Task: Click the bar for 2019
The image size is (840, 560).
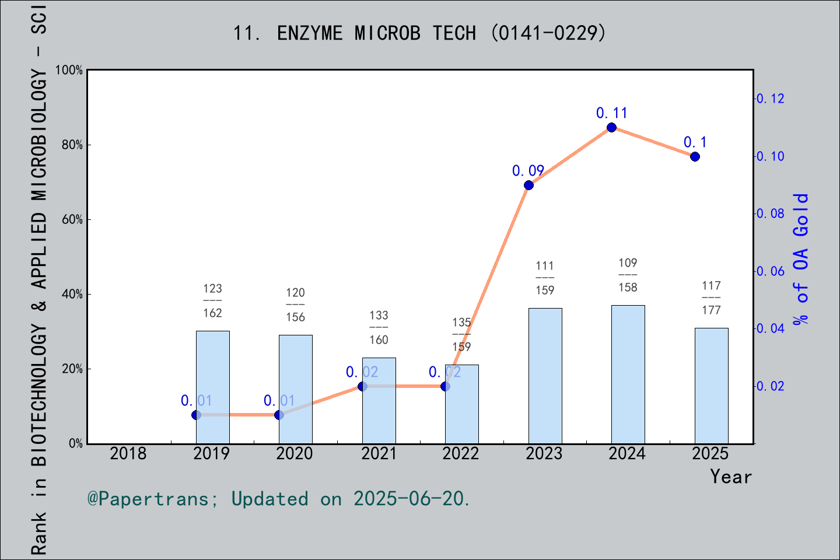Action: point(212,387)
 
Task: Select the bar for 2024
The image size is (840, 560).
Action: point(628,374)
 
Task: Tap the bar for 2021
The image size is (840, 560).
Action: point(379,401)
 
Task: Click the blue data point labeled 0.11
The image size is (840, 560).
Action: point(611,128)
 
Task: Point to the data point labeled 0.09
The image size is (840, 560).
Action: point(528,185)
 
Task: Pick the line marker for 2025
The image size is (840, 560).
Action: point(695,156)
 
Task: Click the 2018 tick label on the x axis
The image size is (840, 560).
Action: point(128,454)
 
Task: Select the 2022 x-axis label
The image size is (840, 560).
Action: point(461,454)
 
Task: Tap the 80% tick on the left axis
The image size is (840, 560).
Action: point(72,145)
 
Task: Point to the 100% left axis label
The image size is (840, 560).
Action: point(69,70)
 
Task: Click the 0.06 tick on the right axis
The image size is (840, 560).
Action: point(770,271)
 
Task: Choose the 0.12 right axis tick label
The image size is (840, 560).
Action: point(770,99)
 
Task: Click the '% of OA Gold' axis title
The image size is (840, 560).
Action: point(800,259)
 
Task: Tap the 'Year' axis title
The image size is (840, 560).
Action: point(731,477)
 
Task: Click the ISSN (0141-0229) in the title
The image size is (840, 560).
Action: point(548,33)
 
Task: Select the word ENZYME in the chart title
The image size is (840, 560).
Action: point(310,33)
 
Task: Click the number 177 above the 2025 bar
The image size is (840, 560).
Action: point(712,310)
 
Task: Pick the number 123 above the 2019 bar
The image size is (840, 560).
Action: point(212,288)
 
